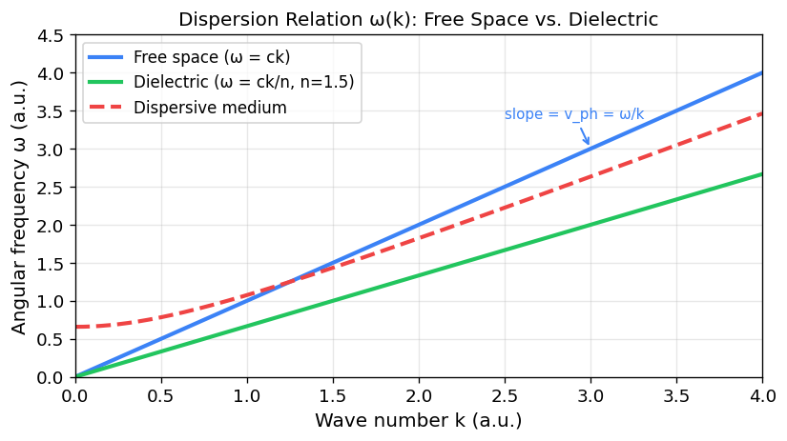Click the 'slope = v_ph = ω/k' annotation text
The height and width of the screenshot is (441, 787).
tap(574, 114)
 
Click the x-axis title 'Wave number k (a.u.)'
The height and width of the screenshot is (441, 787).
tap(418, 420)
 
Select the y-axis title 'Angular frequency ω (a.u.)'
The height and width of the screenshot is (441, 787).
tap(20, 207)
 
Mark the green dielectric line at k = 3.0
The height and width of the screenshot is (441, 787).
tap(590, 225)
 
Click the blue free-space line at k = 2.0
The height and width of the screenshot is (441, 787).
tap(418, 225)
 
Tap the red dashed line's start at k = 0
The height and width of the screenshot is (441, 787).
tap(75, 327)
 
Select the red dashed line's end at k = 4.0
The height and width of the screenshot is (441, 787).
tap(761, 114)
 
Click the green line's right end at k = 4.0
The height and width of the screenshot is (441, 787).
tap(761, 174)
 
